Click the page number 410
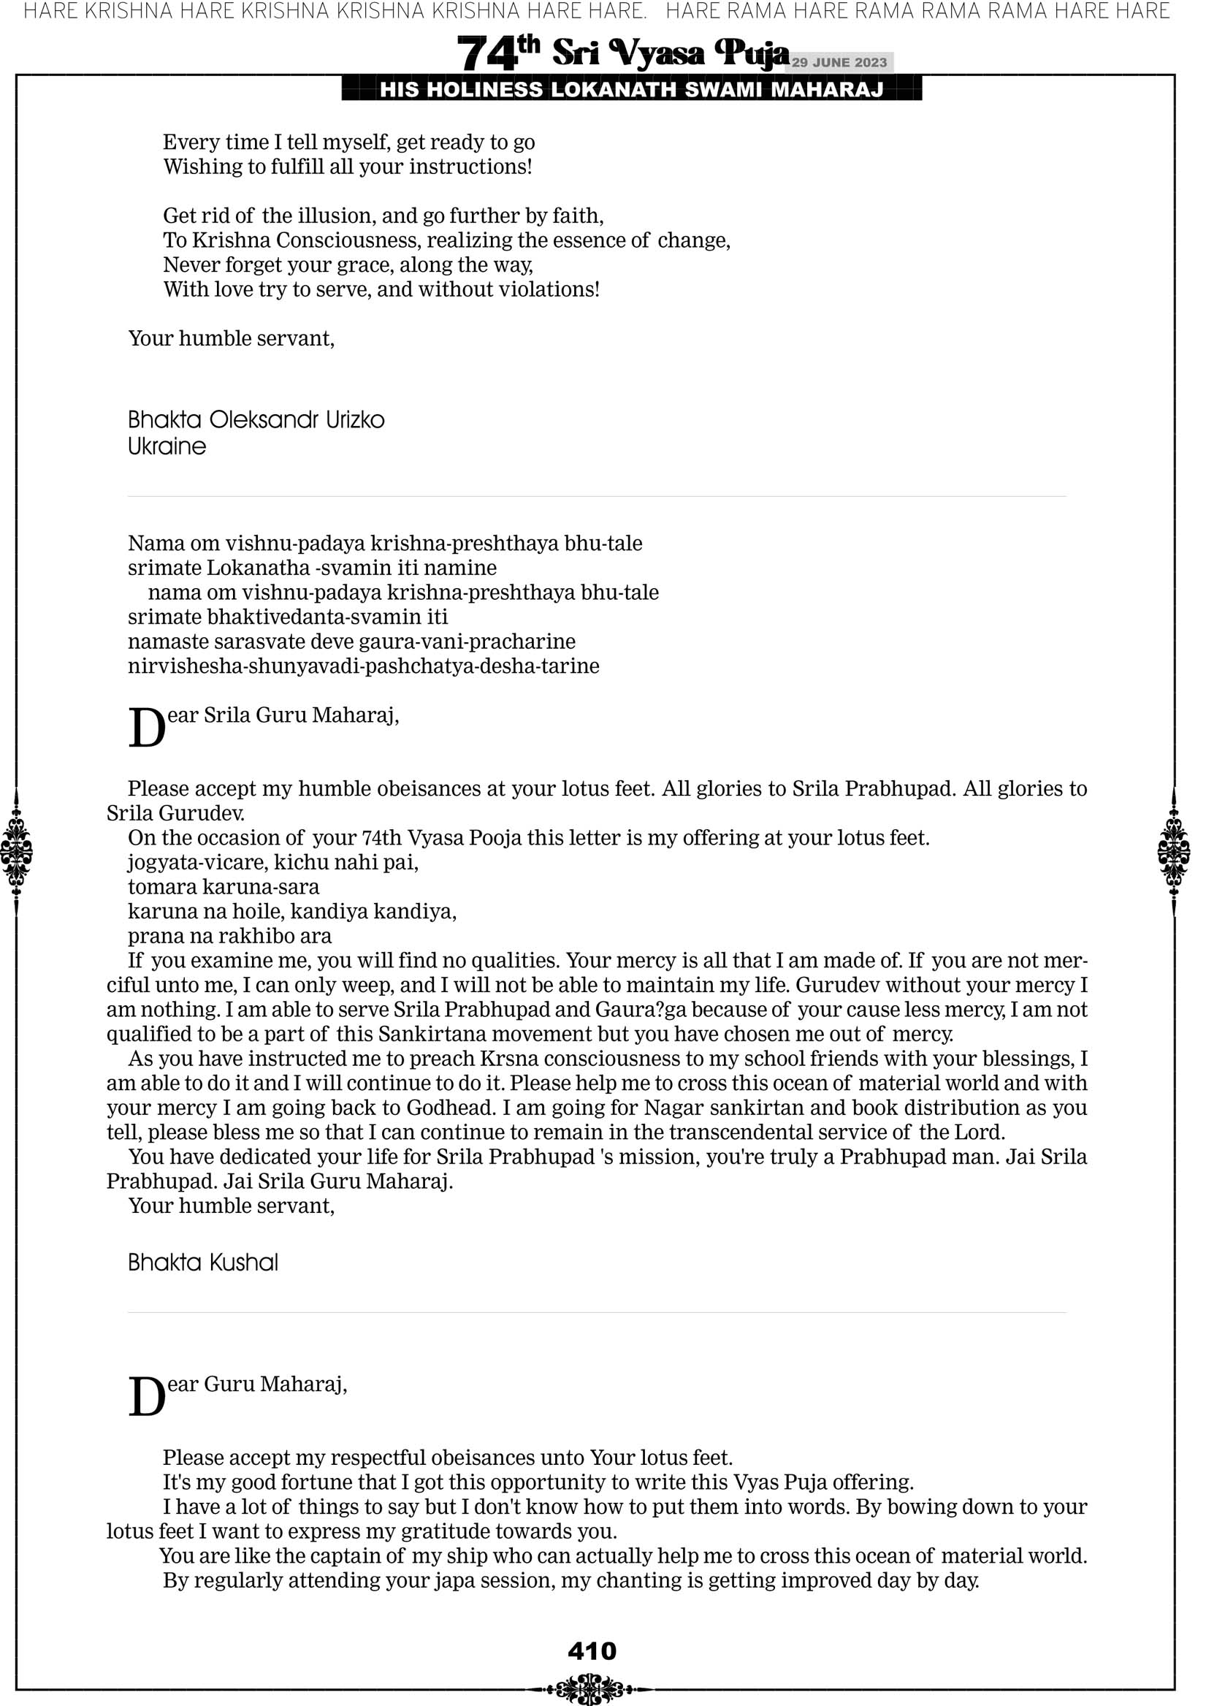click(x=592, y=1651)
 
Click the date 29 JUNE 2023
click(x=839, y=62)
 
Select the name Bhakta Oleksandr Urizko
click(x=256, y=420)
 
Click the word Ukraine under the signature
click(x=167, y=446)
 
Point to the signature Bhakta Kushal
click(x=203, y=1263)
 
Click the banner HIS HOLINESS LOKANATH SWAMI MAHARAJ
click(x=632, y=90)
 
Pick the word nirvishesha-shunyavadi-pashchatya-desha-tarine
click(x=363, y=666)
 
